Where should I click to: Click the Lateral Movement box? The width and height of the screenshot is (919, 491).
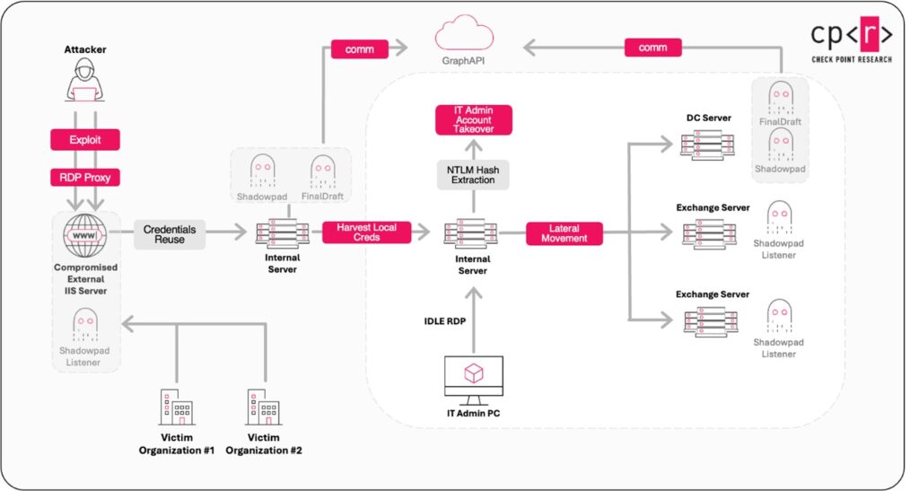[x=564, y=233]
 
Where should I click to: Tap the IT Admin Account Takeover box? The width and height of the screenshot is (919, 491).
[x=473, y=120]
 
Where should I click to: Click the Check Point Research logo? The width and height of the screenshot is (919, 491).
[x=850, y=41]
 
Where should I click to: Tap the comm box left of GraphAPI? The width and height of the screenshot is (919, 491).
[x=359, y=48]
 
